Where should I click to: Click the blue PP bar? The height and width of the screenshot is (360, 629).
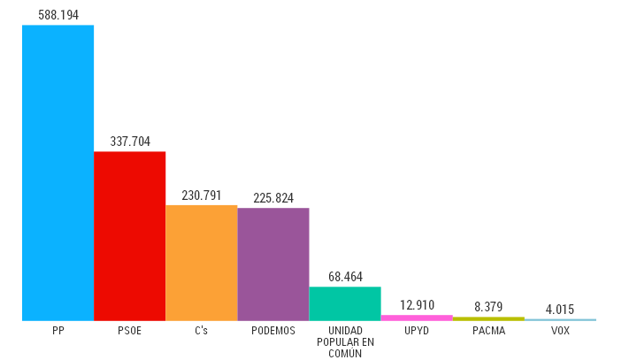58,172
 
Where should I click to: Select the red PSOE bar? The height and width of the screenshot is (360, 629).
129,235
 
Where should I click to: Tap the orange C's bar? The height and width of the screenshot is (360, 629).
201,263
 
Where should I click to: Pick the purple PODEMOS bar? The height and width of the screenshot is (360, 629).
273,264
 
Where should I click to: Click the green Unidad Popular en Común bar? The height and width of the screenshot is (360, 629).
345,303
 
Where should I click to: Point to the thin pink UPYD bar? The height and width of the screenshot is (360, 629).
417,317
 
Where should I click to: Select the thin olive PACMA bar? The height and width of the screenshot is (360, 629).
488,318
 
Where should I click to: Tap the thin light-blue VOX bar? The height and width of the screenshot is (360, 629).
560,319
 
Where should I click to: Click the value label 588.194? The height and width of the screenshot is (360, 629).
58,15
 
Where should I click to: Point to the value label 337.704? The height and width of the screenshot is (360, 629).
130,142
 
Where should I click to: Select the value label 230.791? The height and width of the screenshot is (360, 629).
202,195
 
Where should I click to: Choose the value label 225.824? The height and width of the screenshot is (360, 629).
273,198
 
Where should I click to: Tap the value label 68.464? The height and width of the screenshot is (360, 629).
345,277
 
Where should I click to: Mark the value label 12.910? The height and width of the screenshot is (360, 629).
417,305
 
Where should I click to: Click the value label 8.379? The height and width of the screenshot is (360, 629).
488,307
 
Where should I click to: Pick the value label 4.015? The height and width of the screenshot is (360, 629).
560,309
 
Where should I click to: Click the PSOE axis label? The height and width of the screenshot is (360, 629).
129,331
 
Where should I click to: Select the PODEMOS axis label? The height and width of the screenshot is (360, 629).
273,331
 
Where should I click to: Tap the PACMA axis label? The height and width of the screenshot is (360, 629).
488,331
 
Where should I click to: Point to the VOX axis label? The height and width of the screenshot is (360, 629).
560,331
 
